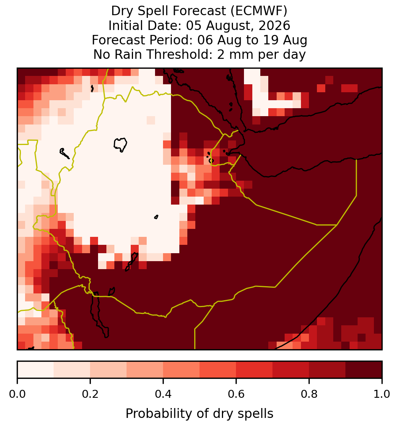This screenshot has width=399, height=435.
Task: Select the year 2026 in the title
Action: pyautogui.click(x=274, y=25)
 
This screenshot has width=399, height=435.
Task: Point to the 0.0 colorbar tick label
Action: pyautogui.click(x=17, y=394)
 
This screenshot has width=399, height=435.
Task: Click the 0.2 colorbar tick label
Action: pyautogui.click(x=90, y=394)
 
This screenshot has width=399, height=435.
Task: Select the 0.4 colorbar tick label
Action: pyautogui.click(x=163, y=394)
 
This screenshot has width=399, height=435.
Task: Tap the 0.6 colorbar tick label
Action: pyautogui.click(x=236, y=394)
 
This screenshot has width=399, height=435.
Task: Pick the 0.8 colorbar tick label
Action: pyautogui.click(x=309, y=394)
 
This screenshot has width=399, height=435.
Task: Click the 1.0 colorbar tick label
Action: pyautogui.click(x=382, y=394)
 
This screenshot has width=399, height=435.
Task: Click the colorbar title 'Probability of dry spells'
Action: pyautogui.click(x=199, y=414)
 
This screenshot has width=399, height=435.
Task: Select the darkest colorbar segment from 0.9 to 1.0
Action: pyautogui.click(x=364, y=370)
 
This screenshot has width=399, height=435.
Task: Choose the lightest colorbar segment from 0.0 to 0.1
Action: pyautogui.click(x=36, y=370)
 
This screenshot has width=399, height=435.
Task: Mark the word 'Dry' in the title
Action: pyautogui.click(x=123, y=11)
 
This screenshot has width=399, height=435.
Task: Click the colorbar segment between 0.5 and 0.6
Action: pyautogui.click(x=218, y=370)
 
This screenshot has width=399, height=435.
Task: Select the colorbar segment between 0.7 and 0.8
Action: pyautogui.click(x=291, y=370)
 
